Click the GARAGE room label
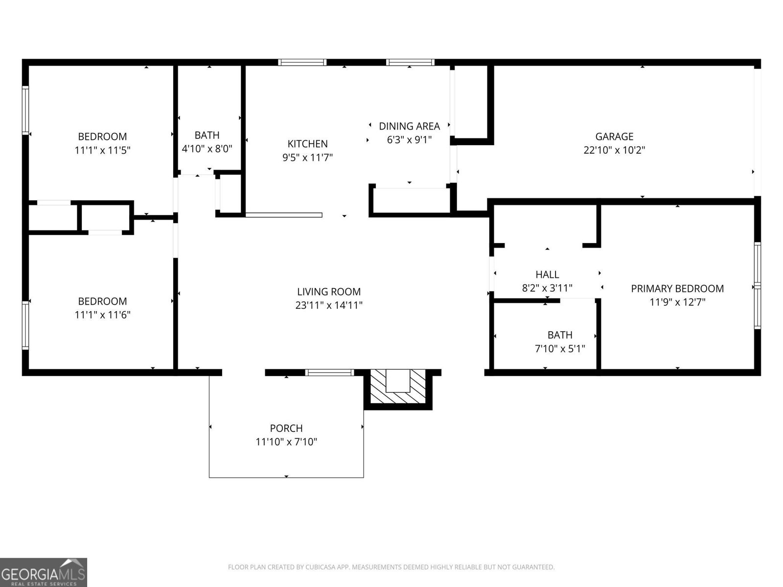(x=614, y=136)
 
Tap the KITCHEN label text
(x=307, y=144)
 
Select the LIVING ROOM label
(x=329, y=292)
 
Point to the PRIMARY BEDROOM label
(x=677, y=289)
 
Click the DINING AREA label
(x=409, y=126)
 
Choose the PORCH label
(x=286, y=429)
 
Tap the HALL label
(x=547, y=274)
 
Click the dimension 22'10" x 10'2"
(x=614, y=150)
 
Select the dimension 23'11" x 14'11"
(x=329, y=305)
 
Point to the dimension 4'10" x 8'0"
(x=207, y=149)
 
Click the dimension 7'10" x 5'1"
(x=560, y=349)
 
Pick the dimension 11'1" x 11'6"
(x=102, y=315)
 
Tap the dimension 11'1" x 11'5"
(x=102, y=150)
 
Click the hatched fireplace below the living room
(x=398, y=386)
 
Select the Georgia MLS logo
(x=44, y=572)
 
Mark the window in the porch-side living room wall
(x=330, y=373)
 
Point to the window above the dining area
(x=410, y=63)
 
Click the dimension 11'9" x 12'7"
(x=677, y=302)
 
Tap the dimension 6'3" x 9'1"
(x=409, y=140)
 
